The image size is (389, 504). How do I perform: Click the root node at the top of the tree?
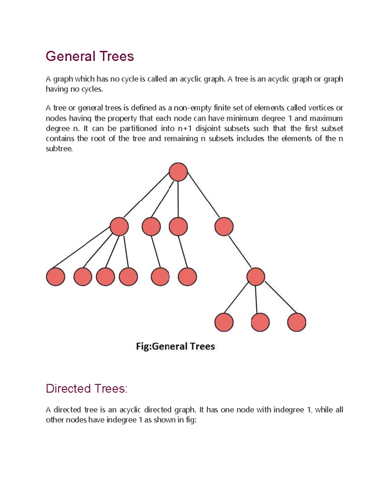click(178, 172)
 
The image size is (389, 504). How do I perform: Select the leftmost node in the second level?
click(119, 226)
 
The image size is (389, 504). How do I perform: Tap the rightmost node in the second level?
click(224, 226)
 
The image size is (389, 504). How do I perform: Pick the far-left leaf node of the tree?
click(55, 277)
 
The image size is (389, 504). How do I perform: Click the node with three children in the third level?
click(256, 277)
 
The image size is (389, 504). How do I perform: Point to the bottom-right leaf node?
click(297, 322)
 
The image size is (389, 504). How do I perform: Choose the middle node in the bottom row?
click(260, 322)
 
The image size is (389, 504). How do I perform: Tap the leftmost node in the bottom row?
click(224, 322)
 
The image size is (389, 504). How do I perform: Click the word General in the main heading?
click(70, 56)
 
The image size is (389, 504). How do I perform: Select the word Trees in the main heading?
click(117, 56)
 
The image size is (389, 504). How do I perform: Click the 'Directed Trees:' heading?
click(87, 388)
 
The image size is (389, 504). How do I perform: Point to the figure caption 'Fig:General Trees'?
click(175, 346)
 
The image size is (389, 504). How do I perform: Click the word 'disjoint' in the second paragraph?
click(208, 129)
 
